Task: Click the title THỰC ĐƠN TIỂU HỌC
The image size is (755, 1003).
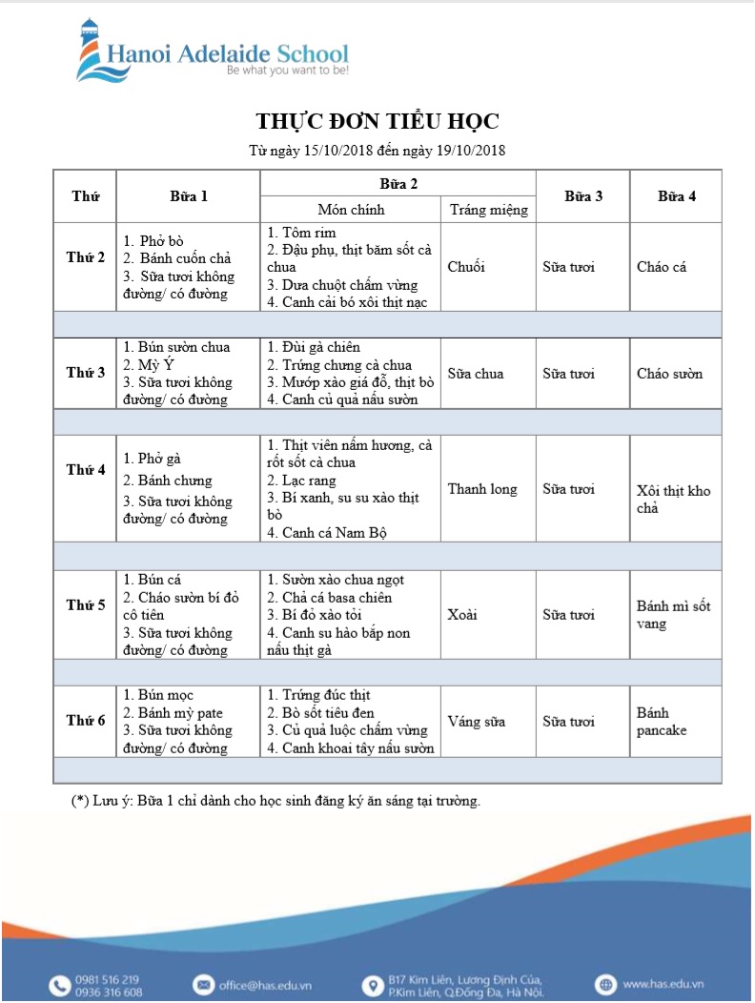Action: (x=377, y=121)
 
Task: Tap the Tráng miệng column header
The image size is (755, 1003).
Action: (x=488, y=210)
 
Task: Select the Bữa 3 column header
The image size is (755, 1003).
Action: (x=582, y=196)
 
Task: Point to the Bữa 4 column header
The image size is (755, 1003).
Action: (x=676, y=196)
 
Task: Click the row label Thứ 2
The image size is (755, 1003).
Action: (x=86, y=257)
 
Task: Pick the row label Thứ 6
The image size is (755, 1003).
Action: (x=86, y=721)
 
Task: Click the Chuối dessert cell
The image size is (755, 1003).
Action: (x=466, y=267)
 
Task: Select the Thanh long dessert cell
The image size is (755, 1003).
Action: (x=482, y=489)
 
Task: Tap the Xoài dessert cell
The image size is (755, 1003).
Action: (x=463, y=615)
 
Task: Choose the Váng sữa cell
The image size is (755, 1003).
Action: (x=477, y=722)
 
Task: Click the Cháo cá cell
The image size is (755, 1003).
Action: (x=662, y=267)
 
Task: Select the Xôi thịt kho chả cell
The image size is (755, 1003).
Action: (x=673, y=499)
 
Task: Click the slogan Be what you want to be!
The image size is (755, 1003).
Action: (x=287, y=71)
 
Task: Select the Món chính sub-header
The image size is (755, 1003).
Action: (x=351, y=210)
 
